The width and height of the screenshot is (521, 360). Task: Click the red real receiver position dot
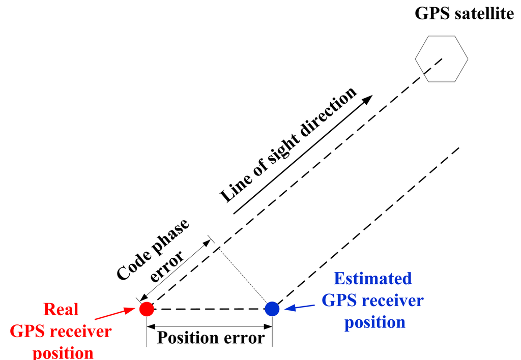(147, 309)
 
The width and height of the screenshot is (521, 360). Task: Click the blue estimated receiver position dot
(272, 309)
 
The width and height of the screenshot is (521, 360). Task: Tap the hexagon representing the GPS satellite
(441, 58)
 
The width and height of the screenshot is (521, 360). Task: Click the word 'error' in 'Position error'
(245, 338)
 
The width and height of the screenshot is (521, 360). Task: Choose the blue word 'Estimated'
(372, 279)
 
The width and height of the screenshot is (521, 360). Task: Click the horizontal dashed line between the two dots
(209, 309)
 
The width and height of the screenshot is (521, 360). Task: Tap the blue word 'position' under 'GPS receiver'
(374, 322)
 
